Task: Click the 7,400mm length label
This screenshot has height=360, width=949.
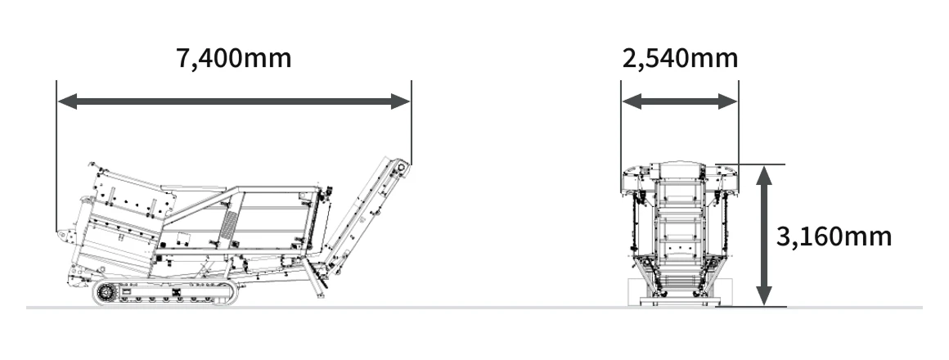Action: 234,59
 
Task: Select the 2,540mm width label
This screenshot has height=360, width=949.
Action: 681,59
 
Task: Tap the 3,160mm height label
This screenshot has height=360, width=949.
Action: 834,236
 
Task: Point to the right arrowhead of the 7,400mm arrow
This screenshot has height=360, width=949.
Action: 400,101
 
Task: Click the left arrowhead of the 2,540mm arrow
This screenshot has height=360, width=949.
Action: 632,101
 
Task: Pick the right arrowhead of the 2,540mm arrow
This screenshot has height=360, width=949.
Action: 727,101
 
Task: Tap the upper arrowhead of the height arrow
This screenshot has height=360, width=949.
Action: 764,175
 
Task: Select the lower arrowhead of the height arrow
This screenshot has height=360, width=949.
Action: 764,295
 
